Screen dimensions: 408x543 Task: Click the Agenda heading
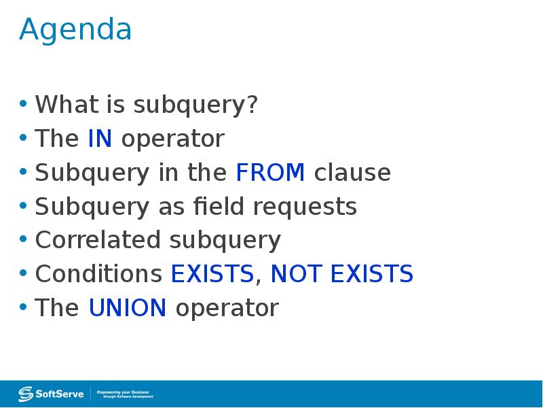(x=75, y=31)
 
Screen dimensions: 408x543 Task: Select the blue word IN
(x=100, y=139)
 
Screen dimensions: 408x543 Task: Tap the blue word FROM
(x=270, y=173)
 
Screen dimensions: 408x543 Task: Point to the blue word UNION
(x=128, y=308)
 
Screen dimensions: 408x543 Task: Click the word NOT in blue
(x=296, y=274)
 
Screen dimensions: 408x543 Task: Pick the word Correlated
(x=98, y=240)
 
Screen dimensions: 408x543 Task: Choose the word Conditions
(x=98, y=274)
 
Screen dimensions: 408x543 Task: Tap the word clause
(x=352, y=173)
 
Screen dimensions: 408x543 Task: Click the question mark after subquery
(x=252, y=105)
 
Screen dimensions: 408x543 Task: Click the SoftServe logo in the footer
(x=52, y=393)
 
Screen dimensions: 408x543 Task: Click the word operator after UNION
(x=227, y=309)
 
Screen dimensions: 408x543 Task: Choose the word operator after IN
(x=172, y=139)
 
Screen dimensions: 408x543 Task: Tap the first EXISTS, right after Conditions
(x=212, y=274)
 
